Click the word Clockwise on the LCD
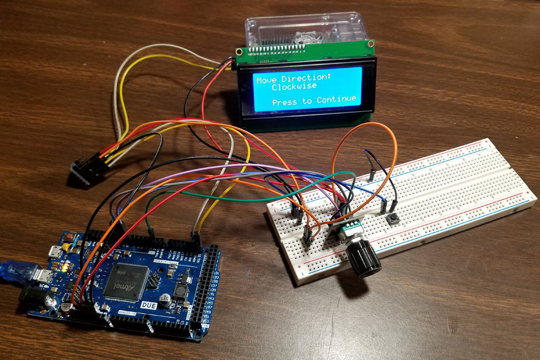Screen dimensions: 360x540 (x=293, y=87)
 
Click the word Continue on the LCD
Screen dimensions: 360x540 (x=336, y=100)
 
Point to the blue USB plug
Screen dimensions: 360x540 (x=15, y=271)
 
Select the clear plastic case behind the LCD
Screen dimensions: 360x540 (x=305, y=29)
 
